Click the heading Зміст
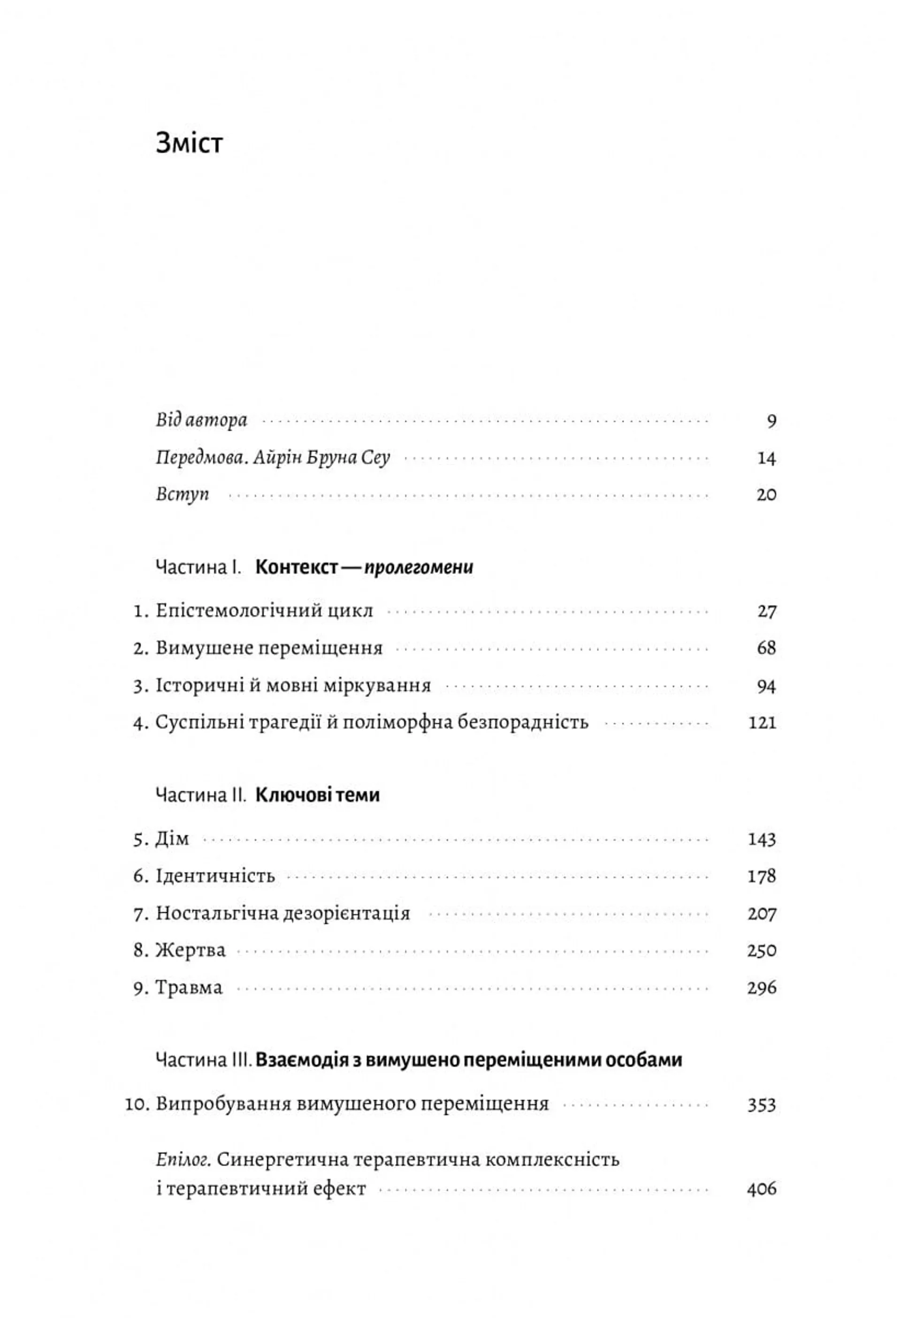[x=189, y=143]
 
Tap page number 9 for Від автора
[x=771, y=421]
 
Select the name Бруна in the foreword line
[x=330, y=457]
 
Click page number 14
[x=766, y=458]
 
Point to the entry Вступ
[x=183, y=494]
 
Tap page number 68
[x=766, y=648]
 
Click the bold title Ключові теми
[x=317, y=795]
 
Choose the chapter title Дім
[x=172, y=839]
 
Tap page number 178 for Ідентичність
[x=762, y=876]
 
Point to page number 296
[x=762, y=988]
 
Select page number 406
[x=762, y=1189]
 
